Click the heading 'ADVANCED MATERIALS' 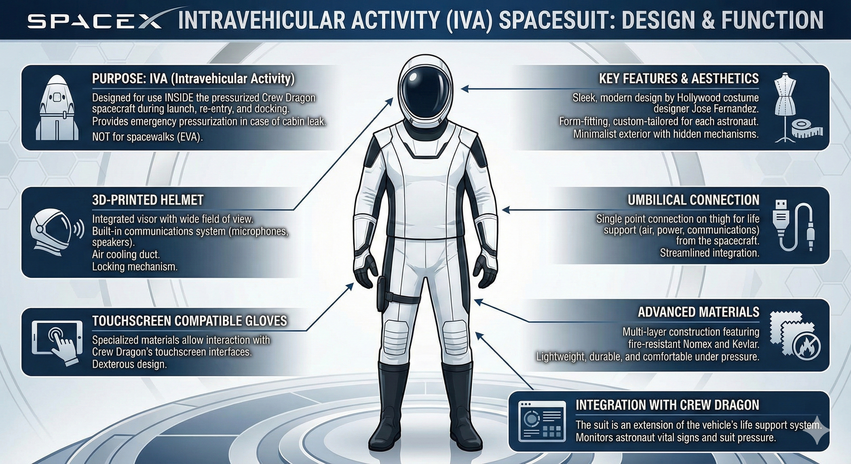(699, 312)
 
